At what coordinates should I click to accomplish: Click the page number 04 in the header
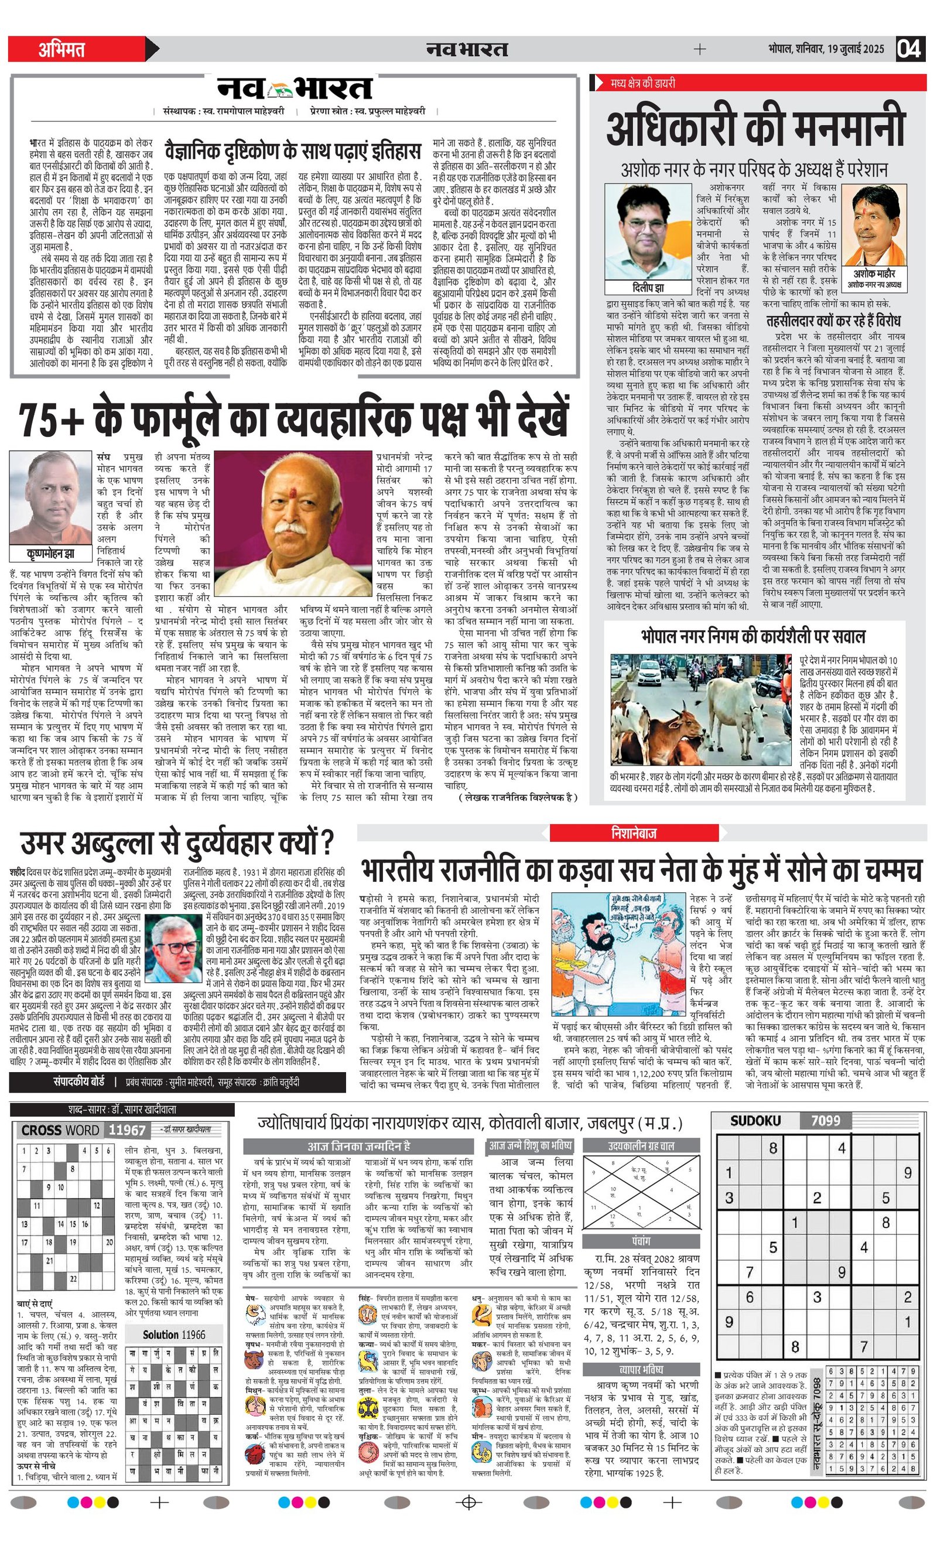(x=909, y=49)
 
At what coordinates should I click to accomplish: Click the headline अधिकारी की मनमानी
(x=756, y=128)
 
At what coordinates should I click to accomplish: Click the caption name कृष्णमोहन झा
(x=50, y=554)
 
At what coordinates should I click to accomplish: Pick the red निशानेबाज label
(x=634, y=833)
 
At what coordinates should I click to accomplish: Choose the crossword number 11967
(x=127, y=1130)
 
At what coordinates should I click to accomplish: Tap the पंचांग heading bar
(x=641, y=1241)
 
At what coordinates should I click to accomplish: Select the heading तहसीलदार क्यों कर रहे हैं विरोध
(x=833, y=322)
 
